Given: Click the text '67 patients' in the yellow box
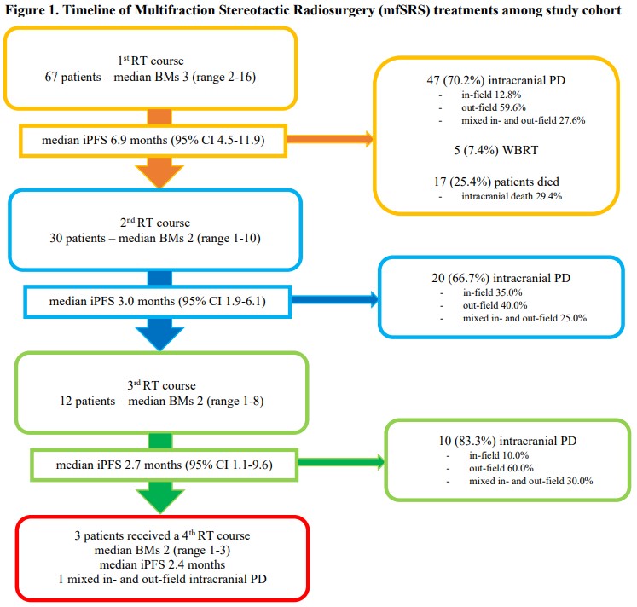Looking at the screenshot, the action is [72, 77].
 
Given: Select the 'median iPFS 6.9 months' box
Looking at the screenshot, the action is [153, 141].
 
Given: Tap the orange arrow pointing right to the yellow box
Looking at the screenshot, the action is [330, 139].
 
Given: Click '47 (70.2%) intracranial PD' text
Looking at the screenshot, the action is [495, 80].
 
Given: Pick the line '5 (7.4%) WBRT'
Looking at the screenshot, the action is [495, 150].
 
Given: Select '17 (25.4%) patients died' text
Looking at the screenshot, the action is [496, 182].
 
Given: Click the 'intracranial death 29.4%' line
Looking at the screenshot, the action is [512, 196].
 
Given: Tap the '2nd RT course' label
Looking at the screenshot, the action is [155, 223].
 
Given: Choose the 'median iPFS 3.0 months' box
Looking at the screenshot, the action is [158, 302].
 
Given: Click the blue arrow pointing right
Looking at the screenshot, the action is [335, 299].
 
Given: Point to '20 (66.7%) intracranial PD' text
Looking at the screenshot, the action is [501, 278].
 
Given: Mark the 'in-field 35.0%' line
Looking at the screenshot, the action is [492, 292].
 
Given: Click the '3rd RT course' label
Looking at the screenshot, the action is [161, 385].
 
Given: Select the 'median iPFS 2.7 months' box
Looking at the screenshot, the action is [164, 465].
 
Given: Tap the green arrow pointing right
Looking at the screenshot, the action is [341, 462].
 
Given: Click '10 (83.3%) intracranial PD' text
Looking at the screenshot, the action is [507, 441].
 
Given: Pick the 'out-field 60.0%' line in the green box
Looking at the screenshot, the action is [501, 468].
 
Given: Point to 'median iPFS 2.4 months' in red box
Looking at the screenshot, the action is [162, 564].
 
